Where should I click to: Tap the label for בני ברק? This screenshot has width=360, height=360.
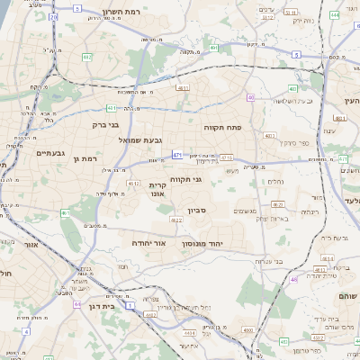(106, 125)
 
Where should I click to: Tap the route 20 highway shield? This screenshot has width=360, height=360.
(54, 16)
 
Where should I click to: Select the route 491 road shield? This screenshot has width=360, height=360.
(214, 48)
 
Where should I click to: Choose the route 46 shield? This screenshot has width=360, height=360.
(293, 279)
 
